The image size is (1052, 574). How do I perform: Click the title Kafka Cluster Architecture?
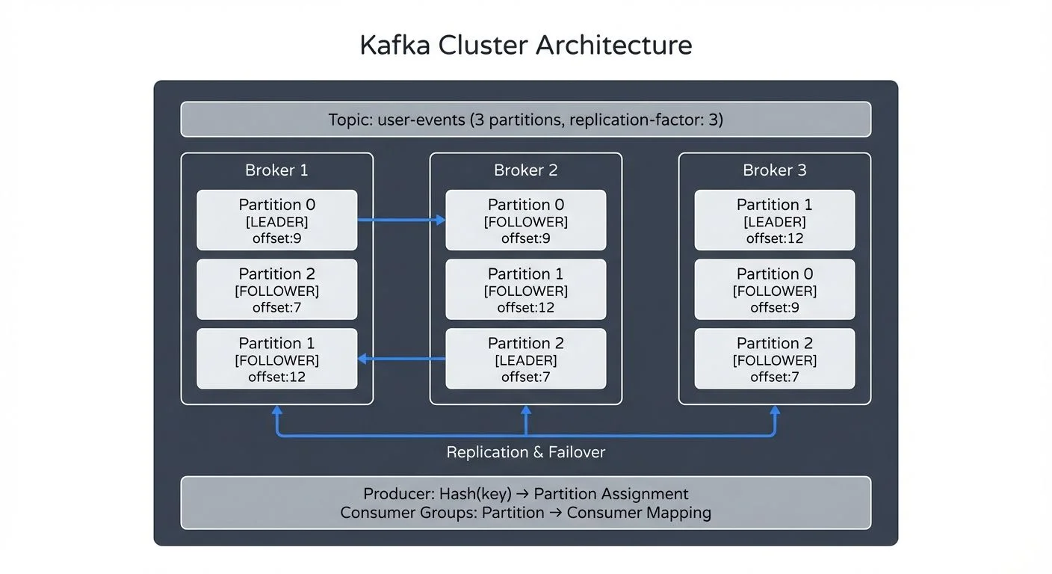pos(525,46)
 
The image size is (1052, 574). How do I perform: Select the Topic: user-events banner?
pos(525,120)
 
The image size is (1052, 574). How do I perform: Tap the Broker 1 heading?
pos(276,170)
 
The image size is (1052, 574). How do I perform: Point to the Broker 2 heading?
pos(525,170)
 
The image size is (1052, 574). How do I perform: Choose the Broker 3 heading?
pos(774,170)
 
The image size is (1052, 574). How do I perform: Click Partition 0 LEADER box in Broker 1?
pos(276,220)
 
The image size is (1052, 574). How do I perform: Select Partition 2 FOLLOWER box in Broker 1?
pos(276,290)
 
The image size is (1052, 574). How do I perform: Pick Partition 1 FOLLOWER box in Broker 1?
pos(276,359)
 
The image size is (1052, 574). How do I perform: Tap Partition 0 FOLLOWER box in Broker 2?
pos(525,220)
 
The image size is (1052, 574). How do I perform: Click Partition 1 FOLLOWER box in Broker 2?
pos(525,290)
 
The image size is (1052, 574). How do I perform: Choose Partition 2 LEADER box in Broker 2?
pos(525,359)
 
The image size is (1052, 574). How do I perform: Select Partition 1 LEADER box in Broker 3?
pos(774,220)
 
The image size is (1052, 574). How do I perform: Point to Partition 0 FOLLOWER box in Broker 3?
pos(774,290)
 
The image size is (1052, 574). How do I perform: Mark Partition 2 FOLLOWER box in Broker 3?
pos(774,359)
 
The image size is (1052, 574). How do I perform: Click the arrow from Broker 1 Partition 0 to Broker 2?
pos(401,220)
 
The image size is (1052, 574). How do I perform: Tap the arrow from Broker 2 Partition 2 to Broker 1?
pos(401,359)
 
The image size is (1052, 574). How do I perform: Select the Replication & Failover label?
pos(525,452)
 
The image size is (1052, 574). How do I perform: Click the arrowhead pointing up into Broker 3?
pos(774,411)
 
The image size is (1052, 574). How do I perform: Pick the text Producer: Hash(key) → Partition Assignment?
pos(525,494)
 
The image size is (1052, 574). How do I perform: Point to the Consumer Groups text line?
pos(525,513)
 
